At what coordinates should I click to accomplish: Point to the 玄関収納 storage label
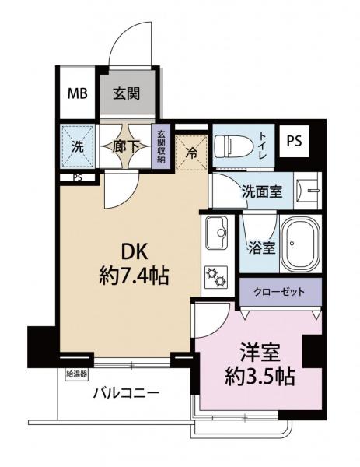162,144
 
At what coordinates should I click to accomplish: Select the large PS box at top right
293,141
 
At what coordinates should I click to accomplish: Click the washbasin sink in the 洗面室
313,191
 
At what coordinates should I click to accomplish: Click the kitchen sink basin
215,232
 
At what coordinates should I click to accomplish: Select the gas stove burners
215,276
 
